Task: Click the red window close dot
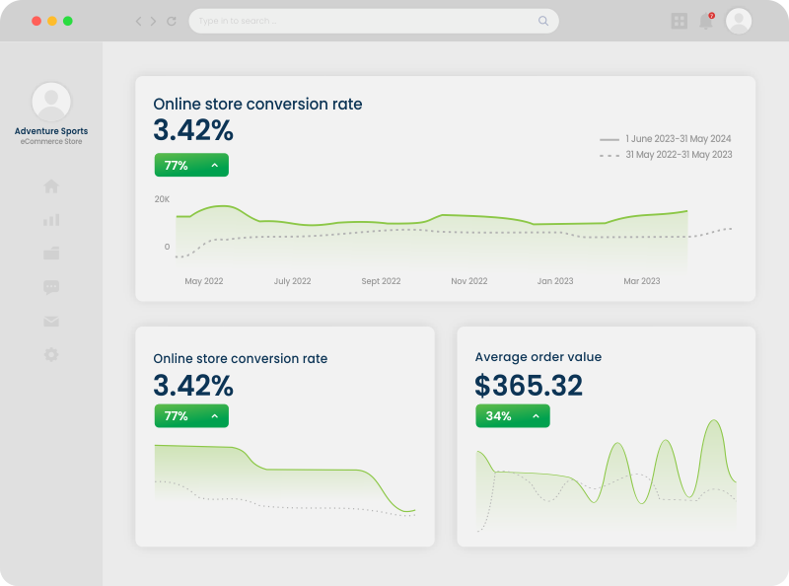click(x=36, y=21)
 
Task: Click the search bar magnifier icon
click(x=543, y=21)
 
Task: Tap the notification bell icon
click(x=706, y=21)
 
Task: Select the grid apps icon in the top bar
click(x=680, y=21)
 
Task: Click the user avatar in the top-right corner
click(x=739, y=21)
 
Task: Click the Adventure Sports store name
click(x=51, y=131)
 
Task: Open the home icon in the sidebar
click(x=51, y=186)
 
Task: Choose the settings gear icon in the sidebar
click(x=51, y=354)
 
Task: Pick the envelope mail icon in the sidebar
click(x=51, y=321)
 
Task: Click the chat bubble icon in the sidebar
click(x=51, y=287)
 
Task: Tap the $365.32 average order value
click(x=529, y=386)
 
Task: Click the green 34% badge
click(x=512, y=416)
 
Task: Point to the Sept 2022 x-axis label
click(x=381, y=281)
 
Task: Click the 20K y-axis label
click(x=162, y=199)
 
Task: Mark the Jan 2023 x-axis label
click(x=555, y=281)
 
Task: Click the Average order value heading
click(x=538, y=357)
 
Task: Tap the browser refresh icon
click(x=172, y=21)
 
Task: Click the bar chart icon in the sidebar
click(x=51, y=220)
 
